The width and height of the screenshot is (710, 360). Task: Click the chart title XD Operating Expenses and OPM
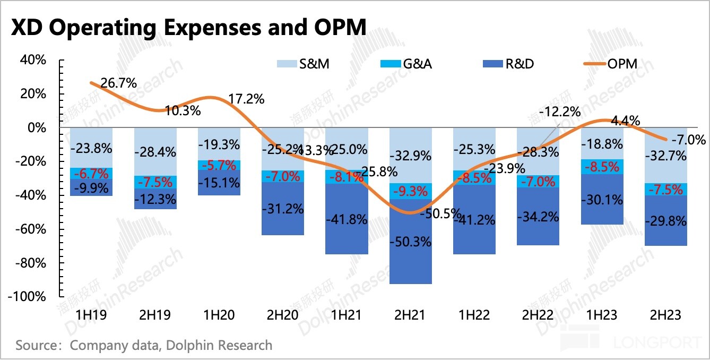click(188, 27)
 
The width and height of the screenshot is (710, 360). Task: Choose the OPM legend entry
click(621, 64)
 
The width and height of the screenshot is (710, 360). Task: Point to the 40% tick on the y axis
click(34, 60)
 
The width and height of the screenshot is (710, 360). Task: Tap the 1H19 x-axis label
click(91, 315)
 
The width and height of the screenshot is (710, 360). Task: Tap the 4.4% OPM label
click(624, 120)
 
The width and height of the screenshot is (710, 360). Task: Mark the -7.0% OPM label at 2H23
click(688, 140)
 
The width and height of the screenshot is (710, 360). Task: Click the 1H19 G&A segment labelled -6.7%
click(91, 174)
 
